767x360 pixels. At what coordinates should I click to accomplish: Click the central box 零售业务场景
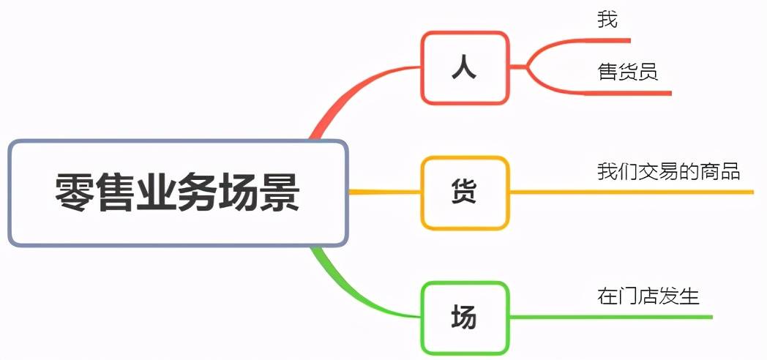coord(178,192)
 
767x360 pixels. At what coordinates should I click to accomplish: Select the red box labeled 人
coord(465,67)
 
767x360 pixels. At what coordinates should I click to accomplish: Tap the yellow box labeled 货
coord(465,192)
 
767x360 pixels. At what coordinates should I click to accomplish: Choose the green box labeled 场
coord(465,318)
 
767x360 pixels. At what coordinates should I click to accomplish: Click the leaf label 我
coord(607,20)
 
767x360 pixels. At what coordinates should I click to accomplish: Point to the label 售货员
coord(628,72)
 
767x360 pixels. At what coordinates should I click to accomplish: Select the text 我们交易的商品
coord(668,172)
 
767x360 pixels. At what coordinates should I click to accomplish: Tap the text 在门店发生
coord(648,296)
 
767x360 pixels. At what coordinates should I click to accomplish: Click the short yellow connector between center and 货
coord(384,192)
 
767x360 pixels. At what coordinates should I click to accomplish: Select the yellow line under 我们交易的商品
coord(632,192)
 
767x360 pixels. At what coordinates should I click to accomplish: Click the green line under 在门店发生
coord(611,318)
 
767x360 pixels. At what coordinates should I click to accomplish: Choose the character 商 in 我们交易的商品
coord(708,172)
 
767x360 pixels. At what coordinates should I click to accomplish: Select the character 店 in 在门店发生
coord(648,296)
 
